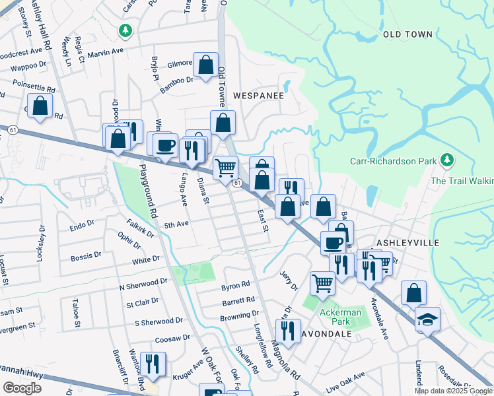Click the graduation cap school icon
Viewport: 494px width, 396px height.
(x=427, y=319)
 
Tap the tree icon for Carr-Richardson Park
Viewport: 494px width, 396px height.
(x=448, y=160)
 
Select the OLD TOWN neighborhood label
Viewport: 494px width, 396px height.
(x=407, y=34)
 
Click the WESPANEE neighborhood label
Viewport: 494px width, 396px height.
(x=258, y=96)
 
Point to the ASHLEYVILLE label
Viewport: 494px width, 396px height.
(x=407, y=243)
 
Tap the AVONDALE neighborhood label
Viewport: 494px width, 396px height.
(x=326, y=334)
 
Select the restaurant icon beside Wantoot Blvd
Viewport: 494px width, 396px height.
(x=153, y=364)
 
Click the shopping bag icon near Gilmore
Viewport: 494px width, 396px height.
(x=205, y=65)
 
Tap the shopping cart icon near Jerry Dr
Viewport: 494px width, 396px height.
(x=322, y=283)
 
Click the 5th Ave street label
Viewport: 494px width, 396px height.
(x=176, y=224)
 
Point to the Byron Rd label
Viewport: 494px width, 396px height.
(x=235, y=286)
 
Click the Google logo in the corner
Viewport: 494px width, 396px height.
(x=22, y=388)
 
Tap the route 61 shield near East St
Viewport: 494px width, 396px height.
(x=237, y=182)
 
